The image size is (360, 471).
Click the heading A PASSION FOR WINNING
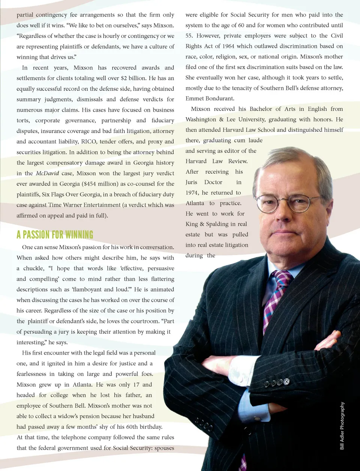(55, 235)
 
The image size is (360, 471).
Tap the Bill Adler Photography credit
(342, 426)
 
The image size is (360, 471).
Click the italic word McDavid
(47, 173)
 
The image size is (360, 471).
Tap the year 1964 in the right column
(228, 46)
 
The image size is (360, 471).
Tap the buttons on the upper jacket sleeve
(277, 383)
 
